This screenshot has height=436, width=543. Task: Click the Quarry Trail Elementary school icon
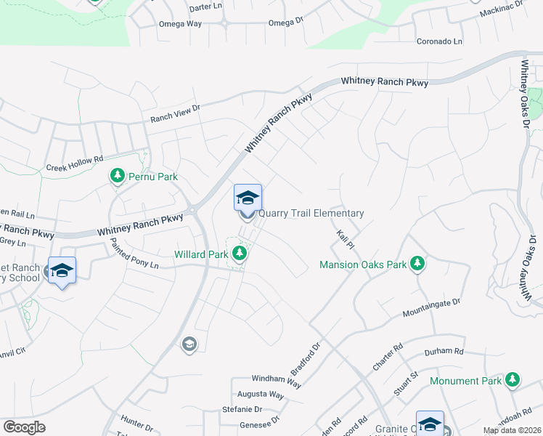pos(248,198)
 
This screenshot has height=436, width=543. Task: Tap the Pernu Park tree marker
pos(117,176)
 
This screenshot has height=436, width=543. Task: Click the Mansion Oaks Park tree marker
pos(417,264)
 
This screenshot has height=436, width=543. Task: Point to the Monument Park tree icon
pos(513,380)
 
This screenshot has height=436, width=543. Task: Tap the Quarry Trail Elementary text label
pos(311,213)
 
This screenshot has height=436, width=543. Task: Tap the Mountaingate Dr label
pos(432,307)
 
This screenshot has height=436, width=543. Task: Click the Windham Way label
pos(277,379)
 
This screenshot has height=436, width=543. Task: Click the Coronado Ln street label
pos(439,41)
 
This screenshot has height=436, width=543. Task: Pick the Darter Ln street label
pos(205,7)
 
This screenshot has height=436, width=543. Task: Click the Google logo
pos(24,427)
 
